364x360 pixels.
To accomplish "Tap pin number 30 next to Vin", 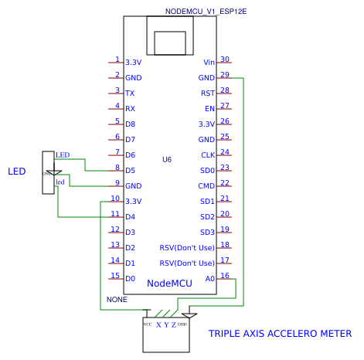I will pyautogui.click(x=225, y=59).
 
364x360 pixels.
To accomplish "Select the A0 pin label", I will pyautogui.click(x=210, y=279).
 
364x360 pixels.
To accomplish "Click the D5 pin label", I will pyautogui.click(x=131, y=171).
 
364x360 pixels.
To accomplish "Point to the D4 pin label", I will pyautogui.click(x=131, y=217).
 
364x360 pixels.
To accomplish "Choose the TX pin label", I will pyautogui.click(x=130, y=93).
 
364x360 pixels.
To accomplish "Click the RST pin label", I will pyautogui.click(x=208, y=93).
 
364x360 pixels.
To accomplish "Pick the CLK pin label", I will pyautogui.click(x=208, y=155).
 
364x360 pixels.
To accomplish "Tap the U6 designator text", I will pyautogui.click(x=167, y=160).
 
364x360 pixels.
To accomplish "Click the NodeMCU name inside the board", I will pyautogui.click(x=169, y=284).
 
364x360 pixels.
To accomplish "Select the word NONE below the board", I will pyautogui.click(x=117, y=299).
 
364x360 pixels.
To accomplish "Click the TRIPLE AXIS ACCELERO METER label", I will pyautogui.click(x=280, y=334).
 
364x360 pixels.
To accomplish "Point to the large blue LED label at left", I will pyautogui.click(x=17, y=171).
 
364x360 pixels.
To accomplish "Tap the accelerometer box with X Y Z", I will pyautogui.click(x=166, y=335).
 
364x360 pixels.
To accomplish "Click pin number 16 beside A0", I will pyautogui.click(x=225, y=276).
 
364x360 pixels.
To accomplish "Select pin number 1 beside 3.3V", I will pyautogui.click(x=117, y=59).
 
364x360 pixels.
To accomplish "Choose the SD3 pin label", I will pyautogui.click(x=207, y=233).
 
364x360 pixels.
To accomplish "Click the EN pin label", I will pyautogui.click(x=209, y=109).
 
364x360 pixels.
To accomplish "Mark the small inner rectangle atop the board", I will pyautogui.click(x=170, y=43).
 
